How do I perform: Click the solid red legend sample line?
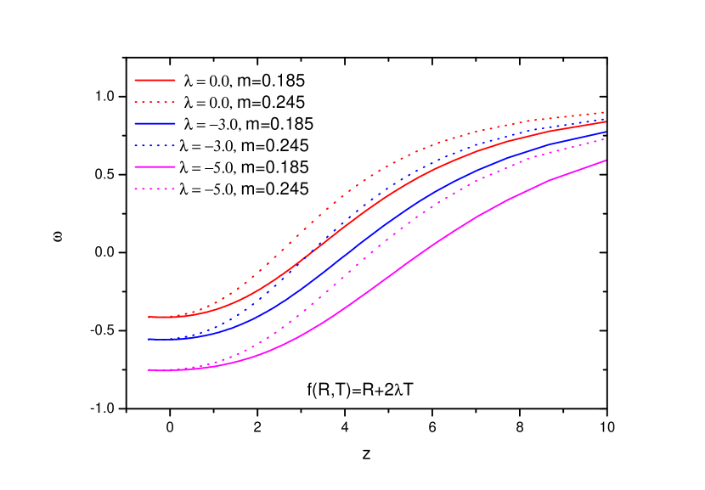155,80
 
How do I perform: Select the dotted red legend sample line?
155,102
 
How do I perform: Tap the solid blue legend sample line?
155,124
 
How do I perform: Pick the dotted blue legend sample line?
155,145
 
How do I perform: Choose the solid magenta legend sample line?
155,167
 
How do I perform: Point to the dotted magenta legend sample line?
155,189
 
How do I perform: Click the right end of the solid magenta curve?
606,160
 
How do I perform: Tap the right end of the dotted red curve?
606,111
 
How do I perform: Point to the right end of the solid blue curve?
606,132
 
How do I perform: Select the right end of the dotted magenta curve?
606,139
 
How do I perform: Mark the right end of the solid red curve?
606,121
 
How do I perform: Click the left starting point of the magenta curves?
149,370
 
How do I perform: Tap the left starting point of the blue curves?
149,340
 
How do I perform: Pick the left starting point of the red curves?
149,317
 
